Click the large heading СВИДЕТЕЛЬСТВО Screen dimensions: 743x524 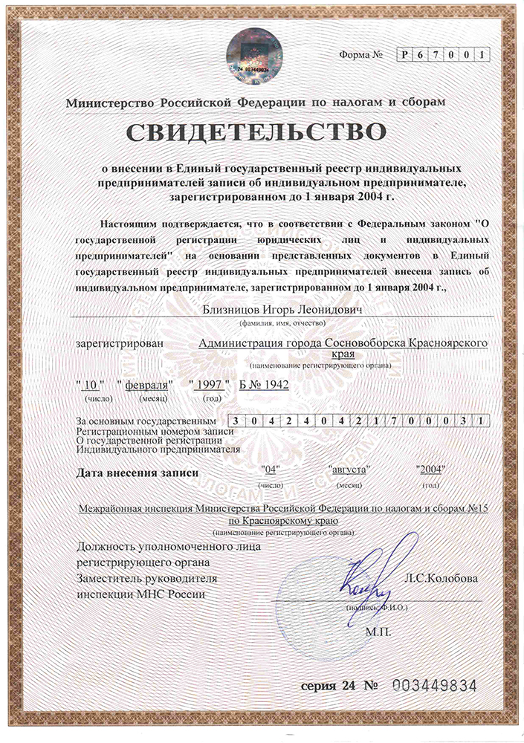pos(257,133)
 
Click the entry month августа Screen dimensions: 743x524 pos(349,470)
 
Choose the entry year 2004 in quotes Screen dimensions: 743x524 pos(430,470)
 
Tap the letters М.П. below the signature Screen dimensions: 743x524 pos(378,632)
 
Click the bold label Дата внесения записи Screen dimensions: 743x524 pos(138,473)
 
